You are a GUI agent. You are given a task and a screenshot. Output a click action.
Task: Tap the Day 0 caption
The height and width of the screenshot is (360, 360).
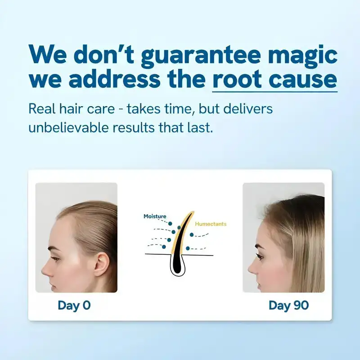coord(74,305)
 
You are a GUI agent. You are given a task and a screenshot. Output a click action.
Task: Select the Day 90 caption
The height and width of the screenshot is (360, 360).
coord(288,305)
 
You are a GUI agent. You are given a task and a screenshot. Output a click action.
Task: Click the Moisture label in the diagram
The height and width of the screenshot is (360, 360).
coord(155,216)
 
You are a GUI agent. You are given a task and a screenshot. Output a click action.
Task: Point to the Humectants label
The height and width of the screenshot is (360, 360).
coord(211,224)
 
